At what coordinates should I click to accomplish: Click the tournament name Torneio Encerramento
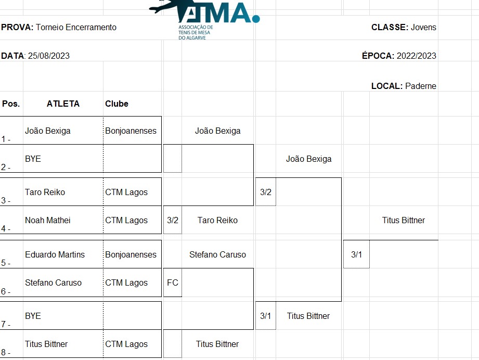click(x=76, y=28)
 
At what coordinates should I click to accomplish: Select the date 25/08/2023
click(x=49, y=56)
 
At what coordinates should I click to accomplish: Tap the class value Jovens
click(x=423, y=28)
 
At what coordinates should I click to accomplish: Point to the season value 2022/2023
click(x=416, y=56)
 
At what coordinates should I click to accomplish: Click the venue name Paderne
click(x=421, y=86)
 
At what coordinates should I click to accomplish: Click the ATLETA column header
click(x=63, y=104)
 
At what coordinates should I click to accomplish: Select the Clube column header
click(x=116, y=104)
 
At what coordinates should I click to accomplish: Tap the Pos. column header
click(x=11, y=104)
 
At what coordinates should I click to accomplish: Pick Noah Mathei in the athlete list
click(x=47, y=221)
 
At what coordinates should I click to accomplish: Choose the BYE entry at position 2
click(x=33, y=159)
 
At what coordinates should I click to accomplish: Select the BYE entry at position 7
click(x=33, y=316)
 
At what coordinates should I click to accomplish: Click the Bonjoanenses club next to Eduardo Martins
click(x=131, y=255)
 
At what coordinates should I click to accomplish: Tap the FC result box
click(x=172, y=283)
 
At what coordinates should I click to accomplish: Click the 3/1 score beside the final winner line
click(x=356, y=255)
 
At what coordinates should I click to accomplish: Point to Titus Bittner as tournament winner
click(x=403, y=221)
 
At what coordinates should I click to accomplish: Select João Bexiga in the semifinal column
click(x=308, y=159)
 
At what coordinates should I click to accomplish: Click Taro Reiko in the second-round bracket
click(x=217, y=221)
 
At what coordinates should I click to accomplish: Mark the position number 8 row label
click(x=6, y=352)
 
